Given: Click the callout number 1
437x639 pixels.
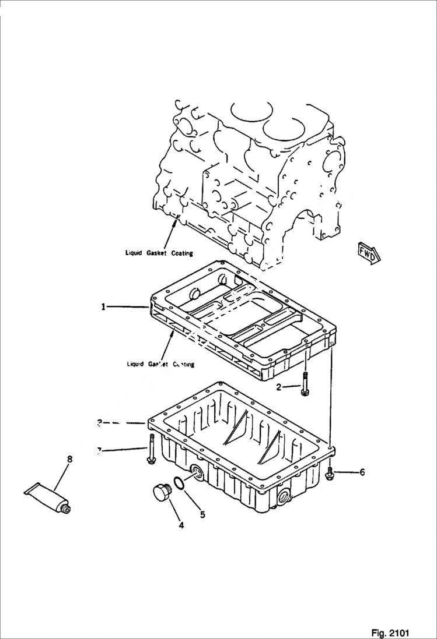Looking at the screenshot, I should point(103,306).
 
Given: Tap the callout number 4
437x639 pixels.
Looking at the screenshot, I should point(181,525).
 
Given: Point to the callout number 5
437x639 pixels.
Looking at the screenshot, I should point(202,514).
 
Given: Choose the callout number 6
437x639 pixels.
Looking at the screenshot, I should point(362,472).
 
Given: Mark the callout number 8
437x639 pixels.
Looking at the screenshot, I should point(69,459).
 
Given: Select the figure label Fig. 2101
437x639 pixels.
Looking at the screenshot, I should point(390,633).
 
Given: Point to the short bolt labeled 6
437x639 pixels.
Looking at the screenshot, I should point(330,472).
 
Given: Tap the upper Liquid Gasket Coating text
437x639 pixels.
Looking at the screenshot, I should point(159,253).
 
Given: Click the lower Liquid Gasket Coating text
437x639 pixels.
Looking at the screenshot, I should point(160,364).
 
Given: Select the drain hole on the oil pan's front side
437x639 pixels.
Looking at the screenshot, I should point(285,496).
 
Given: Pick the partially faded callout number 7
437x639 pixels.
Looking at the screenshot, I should point(100,449).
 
